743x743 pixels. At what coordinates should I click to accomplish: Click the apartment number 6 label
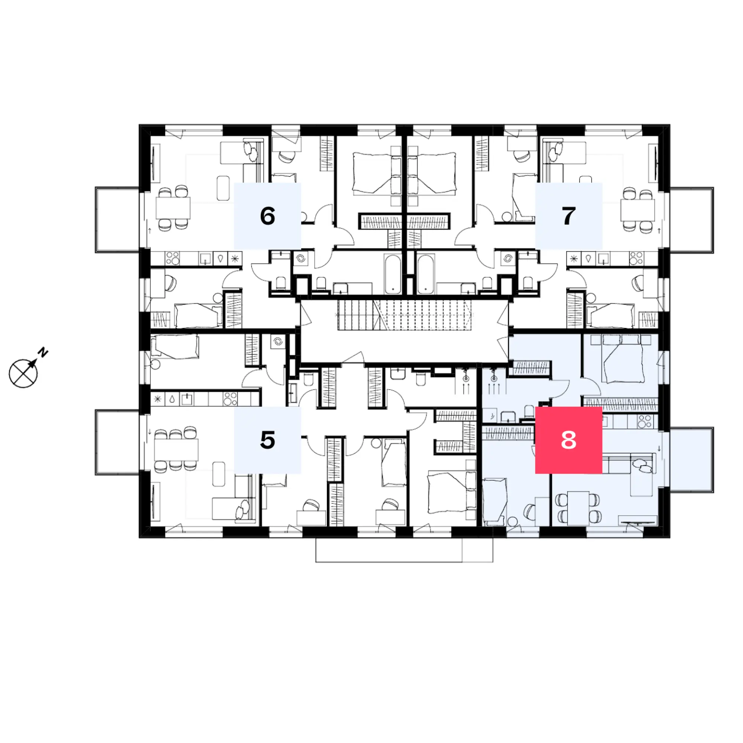[x=267, y=216]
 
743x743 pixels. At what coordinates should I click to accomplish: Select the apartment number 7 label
[x=568, y=216]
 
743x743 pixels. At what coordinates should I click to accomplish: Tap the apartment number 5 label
[x=267, y=440]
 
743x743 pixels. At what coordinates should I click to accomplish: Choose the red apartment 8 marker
[x=568, y=440]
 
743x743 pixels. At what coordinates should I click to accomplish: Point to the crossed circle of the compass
[x=23, y=373]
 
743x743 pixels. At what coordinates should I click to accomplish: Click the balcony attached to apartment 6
[x=117, y=220]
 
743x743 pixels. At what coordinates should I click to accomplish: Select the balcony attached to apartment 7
[x=691, y=220]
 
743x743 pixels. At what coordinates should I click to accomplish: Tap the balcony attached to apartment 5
[x=117, y=442]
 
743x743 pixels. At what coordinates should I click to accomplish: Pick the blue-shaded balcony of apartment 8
[x=691, y=460]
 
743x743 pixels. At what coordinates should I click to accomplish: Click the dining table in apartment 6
[x=173, y=208]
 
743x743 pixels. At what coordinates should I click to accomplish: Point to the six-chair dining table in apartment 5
[x=176, y=450]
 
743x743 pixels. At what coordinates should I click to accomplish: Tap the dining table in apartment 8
[x=578, y=507]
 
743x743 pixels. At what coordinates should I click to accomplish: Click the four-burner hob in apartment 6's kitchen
[x=172, y=259]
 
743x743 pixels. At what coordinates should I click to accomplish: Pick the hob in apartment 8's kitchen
[x=645, y=422]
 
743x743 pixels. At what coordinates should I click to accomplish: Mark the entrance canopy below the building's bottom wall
[x=404, y=550]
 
